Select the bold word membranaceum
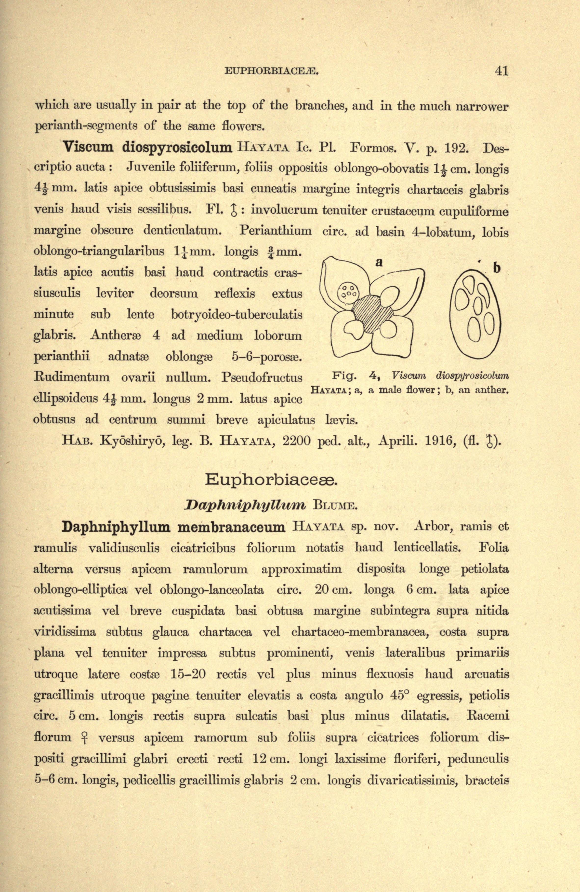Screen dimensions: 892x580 pos(231,527)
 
